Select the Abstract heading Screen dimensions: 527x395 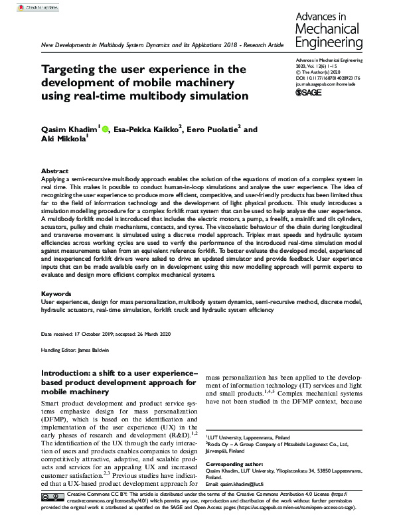click(x=55, y=171)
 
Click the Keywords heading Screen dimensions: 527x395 click(x=57, y=293)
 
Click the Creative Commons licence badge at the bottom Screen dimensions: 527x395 click(x=52, y=497)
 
